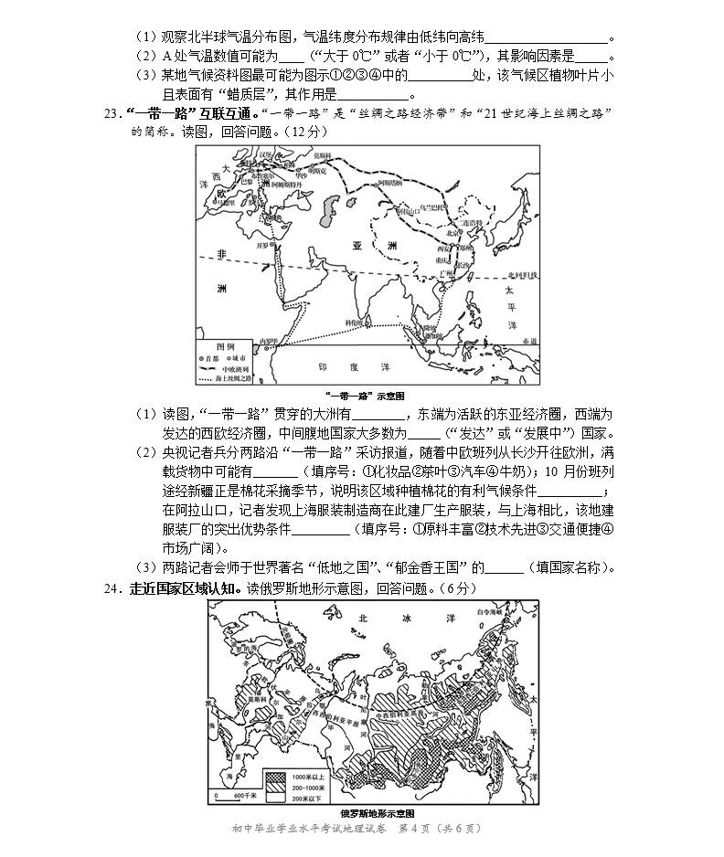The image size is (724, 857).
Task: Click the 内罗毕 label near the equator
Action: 268,341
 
